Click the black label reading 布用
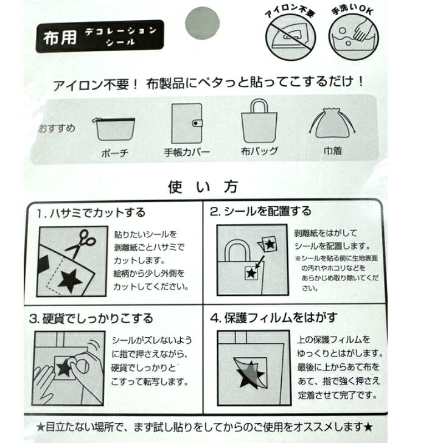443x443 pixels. point(100,36)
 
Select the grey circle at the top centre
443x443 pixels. point(202,23)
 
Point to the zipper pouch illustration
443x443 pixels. point(114,129)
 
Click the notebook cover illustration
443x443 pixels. point(187,124)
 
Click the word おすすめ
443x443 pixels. point(57,128)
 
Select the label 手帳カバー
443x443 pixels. point(187,152)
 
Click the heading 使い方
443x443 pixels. point(203,187)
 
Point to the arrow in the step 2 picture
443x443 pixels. point(260,262)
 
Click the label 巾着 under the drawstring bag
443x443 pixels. point(333,151)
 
